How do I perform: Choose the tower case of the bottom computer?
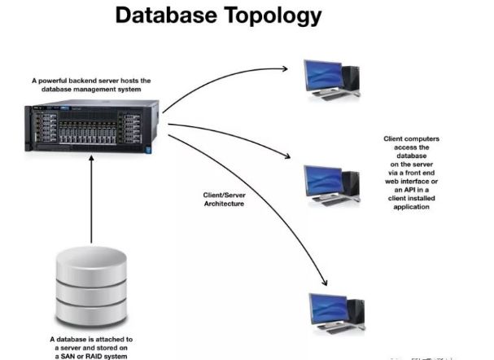(x=356, y=312)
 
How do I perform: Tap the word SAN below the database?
(x=72, y=354)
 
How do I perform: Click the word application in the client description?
(x=415, y=208)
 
